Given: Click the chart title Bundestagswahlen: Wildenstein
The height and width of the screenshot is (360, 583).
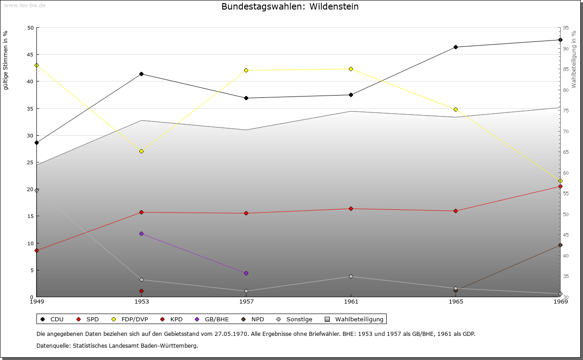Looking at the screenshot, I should point(290,7).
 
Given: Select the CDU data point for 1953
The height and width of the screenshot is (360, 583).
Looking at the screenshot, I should point(141,74).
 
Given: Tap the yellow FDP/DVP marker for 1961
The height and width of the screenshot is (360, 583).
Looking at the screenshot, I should point(351,69).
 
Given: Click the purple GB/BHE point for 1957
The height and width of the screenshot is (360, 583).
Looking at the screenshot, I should point(246,273).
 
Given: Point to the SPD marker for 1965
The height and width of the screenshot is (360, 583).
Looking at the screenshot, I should point(455,211).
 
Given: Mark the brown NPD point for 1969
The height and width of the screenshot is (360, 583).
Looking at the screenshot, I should point(560,245).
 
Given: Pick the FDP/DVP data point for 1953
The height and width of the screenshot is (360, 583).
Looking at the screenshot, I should point(141,151).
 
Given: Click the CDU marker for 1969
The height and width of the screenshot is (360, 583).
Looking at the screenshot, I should point(560,40).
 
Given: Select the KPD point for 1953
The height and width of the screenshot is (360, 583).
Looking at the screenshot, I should point(141,291).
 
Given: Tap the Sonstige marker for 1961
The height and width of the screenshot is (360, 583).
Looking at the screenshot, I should point(351,276).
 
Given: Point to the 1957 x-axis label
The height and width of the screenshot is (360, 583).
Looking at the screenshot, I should point(246,301).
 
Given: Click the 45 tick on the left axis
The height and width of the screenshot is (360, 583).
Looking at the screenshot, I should point(30,55).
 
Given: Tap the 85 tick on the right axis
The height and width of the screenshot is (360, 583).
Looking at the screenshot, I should point(566,69).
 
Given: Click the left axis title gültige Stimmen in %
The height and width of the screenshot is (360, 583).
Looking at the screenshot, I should point(5,60).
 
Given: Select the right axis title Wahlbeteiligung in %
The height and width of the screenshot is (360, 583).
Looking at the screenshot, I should point(574,59).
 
